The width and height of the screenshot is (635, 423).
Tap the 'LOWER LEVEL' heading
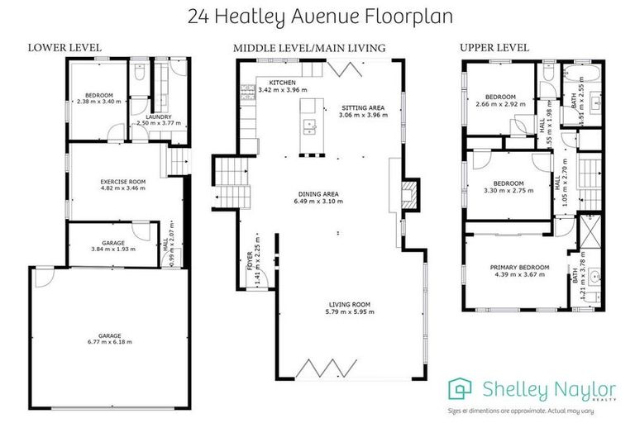(x=64, y=48)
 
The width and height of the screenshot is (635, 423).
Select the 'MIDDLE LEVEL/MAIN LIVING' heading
(x=308, y=48)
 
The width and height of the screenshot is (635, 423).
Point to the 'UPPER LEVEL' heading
(x=494, y=48)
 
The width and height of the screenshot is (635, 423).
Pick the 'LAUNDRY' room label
(x=158, y=117)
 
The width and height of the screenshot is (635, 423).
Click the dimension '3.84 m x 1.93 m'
(x=112, y=248)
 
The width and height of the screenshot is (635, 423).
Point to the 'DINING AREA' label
(x=318, y=195)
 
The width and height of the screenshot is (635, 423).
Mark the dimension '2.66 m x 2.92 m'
(x=501, y=105)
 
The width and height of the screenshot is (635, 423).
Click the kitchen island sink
(x=311, y=126)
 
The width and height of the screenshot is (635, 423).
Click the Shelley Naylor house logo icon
(x=461, y=389)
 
